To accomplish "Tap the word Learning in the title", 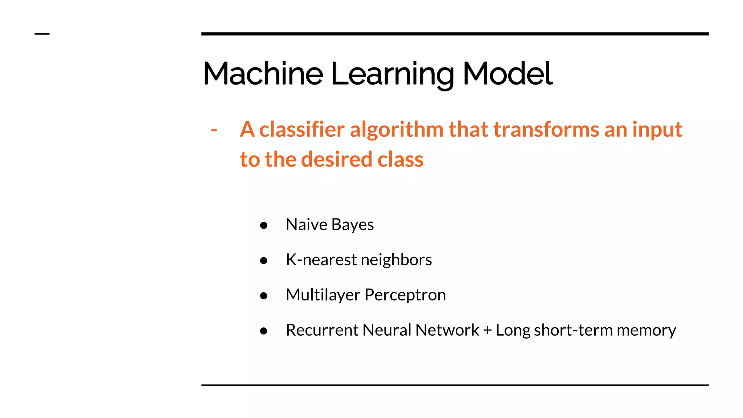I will (x=392, y=74).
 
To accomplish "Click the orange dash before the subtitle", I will (x=214, y=130).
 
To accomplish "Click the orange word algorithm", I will (x=397, y=130).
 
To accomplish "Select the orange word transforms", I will (x=546, y=129).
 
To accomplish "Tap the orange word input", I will (x=657, y=130).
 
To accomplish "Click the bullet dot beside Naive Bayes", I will (x=264, y=225).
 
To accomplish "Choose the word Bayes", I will (x=352, y=225).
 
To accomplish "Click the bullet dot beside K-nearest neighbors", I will (x=264, y=261).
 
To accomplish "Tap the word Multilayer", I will (x=323, y=295).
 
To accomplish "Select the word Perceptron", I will (x=405, y=295).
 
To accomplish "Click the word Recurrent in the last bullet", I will (x=322, y=330).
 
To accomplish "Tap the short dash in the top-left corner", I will (x=42, y=34).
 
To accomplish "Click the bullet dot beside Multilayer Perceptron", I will (x=264, y=296).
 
